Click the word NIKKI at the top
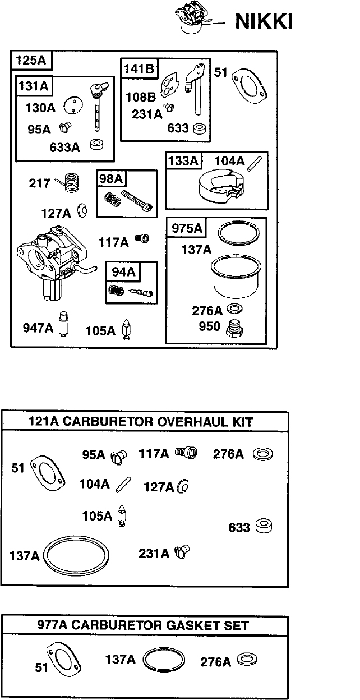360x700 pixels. (x=264, y=21)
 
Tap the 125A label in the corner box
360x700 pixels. (x=31, y=59)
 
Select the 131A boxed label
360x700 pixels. (x=34, y=86)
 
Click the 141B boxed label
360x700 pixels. (x=139, y=68)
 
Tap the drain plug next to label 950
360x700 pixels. (x=235, y=328)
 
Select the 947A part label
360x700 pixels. (x=38, y=328)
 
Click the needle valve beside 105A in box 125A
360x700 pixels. (x=126, y=330)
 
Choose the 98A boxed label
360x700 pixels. (x=111, y=179)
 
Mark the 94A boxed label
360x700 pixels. (x=123, y=272)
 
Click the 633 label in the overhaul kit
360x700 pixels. (x=239, y=527)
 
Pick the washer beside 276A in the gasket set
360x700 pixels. (x=247, y=660)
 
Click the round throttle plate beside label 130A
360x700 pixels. (x=73, y=105)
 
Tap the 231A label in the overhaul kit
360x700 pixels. (x=154, y=554)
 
